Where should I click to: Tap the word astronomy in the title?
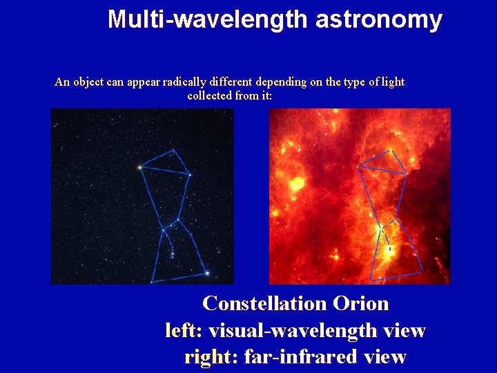coord(378,19)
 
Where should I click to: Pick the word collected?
coord(209,95)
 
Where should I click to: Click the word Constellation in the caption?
coord(264,304)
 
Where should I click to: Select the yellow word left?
coord(181,331)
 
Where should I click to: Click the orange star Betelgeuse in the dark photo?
coord(139,167)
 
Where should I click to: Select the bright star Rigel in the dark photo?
coord(206,274)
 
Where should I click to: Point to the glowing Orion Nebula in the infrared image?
coord(389,250)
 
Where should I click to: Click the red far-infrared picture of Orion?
coord(360,196)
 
